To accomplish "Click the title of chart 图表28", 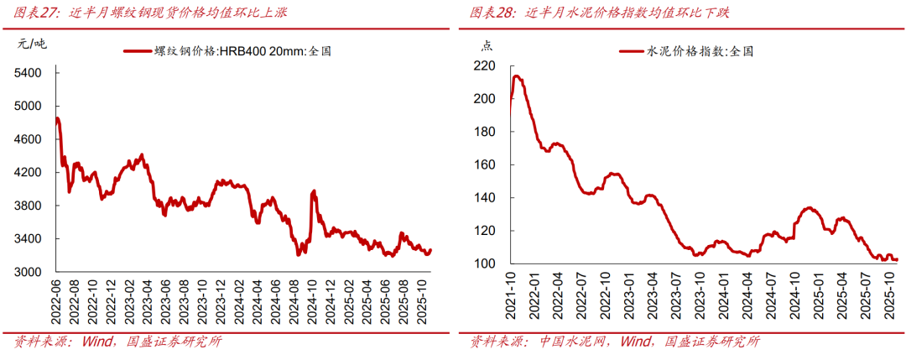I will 612,13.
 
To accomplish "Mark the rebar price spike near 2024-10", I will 314,192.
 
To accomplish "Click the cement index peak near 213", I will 517,76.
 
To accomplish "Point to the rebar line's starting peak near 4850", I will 57,118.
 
